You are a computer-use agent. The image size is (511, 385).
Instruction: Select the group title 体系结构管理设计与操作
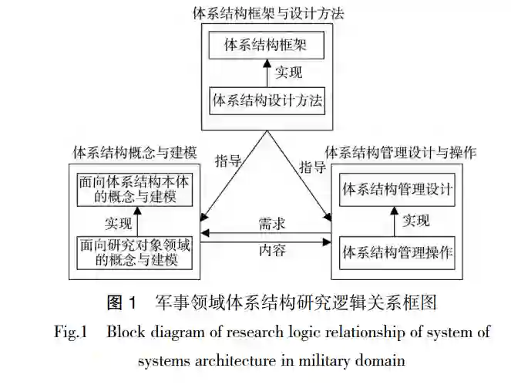tap(400, 152)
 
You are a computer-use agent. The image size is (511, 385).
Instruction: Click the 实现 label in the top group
tap(289, 74)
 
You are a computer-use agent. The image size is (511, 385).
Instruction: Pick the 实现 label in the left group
tap(118, 225)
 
